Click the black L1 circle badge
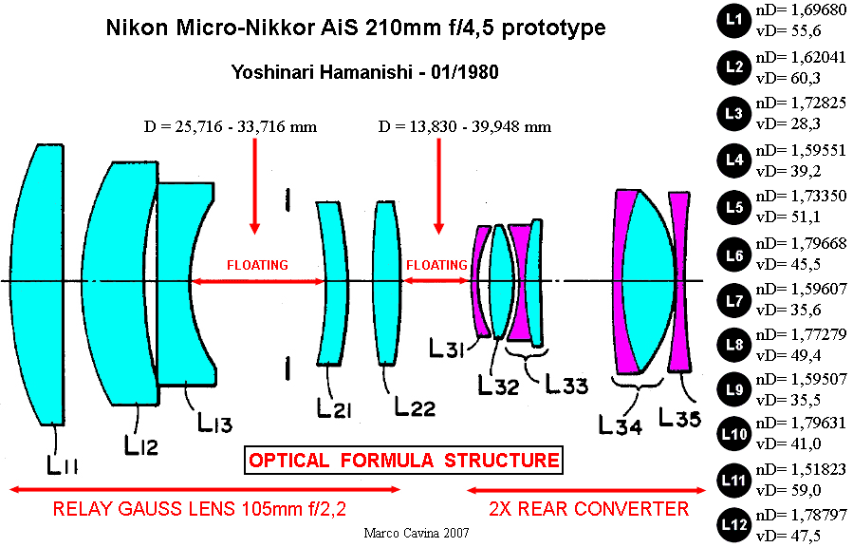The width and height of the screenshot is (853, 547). click(x=733, y=20)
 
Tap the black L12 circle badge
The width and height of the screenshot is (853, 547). click(x=733, y=525)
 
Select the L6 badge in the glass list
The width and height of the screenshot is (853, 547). click(x=733, y=255)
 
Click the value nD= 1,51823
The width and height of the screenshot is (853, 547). click(x=801, y=469)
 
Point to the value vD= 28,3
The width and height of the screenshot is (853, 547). click(x=788, y=124)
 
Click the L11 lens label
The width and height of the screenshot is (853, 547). click(x=62, y=464)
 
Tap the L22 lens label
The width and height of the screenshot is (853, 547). click(x=415, y=406)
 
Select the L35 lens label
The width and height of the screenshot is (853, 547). click(x=679, y=418)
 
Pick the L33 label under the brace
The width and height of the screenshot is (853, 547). click(x=566, y=385)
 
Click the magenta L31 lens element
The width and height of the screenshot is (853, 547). click(x=480, y=281)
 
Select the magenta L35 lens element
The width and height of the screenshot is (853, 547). click(x=679, y=281)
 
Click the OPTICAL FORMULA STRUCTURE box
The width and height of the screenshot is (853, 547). click(x=403, y=461)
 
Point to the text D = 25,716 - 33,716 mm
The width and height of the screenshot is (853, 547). click(x=231, y=127)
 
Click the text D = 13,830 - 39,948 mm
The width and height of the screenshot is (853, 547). click(x=465, y=127)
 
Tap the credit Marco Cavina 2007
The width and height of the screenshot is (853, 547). click(x=417, y=533)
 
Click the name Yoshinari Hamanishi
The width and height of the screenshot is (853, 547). click(x=321, y=72)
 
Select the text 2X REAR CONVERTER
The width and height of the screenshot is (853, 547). click(x=588, y=509)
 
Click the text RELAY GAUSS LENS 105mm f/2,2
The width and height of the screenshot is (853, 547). click(x=199, y=509)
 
